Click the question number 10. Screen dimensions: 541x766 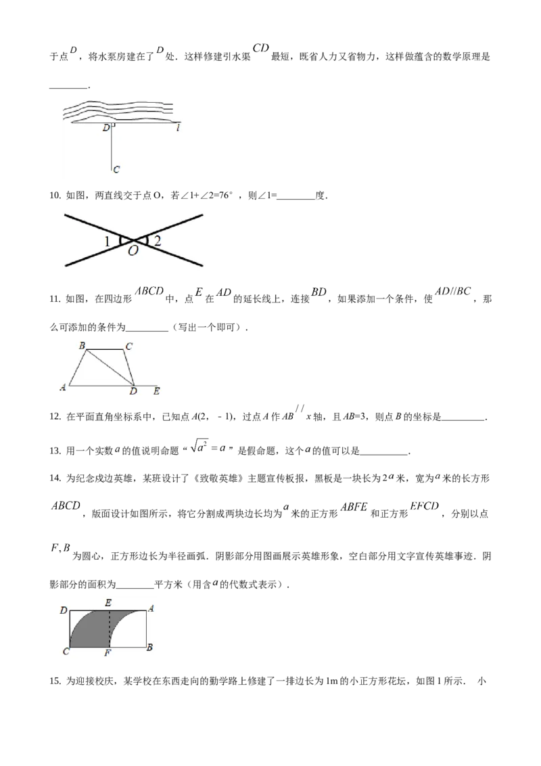tap(55, 196)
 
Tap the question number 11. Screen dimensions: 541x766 tap(55, 299)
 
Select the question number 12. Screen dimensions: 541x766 tap(55, 417)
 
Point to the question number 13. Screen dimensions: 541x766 tap(55, 451)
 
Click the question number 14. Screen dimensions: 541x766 tap(55, 478)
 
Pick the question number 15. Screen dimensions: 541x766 tap(55, 681)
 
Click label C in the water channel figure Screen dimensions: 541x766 tap(116, 170)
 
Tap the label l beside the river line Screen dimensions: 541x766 tap(178, 127)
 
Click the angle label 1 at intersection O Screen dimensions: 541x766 tap(107, 242)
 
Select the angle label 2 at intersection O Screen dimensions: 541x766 tap(158, 240)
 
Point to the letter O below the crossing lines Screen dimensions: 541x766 tap(133, 251)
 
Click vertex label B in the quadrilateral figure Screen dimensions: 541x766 tap(82, 346)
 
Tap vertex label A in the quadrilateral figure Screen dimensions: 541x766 tap(62, 387)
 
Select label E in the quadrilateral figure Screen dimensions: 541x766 tap(156, 391)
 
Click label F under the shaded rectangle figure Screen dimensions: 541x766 tap(108, 653)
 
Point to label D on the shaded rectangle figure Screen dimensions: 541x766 tap(64, 610)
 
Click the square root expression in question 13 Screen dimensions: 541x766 tap(208, 447)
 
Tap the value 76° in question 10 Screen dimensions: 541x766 tap(222, 196)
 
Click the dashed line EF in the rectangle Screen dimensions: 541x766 tap(108, 629)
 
